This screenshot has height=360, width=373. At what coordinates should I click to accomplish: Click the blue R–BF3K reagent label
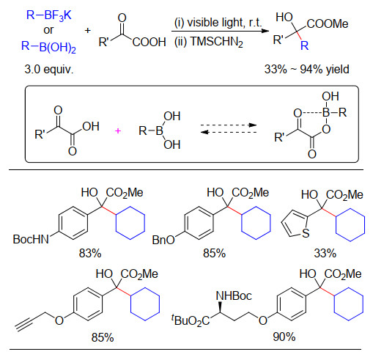[48, 15]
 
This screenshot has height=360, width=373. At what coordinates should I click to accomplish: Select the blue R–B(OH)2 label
[48, 47]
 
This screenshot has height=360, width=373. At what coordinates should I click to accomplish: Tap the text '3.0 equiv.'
[49, 70]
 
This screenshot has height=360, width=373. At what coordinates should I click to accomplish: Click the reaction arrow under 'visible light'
[220, 31]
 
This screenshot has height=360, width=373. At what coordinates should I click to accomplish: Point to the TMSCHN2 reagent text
[216, 42]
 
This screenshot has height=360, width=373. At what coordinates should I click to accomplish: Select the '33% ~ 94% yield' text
[307, 70]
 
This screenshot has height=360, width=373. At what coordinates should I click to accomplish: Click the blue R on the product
[305, 45]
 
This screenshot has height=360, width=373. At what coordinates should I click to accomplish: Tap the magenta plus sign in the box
[118, 131]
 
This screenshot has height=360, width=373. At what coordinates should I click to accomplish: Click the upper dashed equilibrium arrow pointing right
[229, 125]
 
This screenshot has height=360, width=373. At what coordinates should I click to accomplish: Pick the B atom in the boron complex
[326, 113]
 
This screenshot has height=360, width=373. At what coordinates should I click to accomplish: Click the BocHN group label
[31, 239]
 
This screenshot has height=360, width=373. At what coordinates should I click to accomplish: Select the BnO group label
[163, 240]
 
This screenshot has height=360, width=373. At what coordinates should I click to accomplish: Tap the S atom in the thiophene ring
[306, 233]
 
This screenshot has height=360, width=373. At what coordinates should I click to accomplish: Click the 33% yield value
[325, 253]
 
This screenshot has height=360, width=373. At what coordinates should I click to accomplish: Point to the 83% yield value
[90, 253]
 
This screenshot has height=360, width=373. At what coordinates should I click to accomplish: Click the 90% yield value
[284, 337]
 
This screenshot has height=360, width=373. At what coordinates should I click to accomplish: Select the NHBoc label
[234, 296]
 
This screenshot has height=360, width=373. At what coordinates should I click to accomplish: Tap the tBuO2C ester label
[191, 320]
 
